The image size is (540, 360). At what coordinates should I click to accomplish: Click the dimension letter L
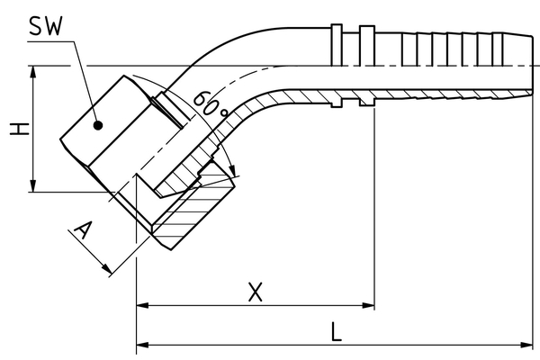pos(335,330)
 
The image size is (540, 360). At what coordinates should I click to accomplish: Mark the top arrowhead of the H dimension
pos(33,73)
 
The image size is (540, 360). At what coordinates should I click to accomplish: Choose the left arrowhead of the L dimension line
pos(142,344)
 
